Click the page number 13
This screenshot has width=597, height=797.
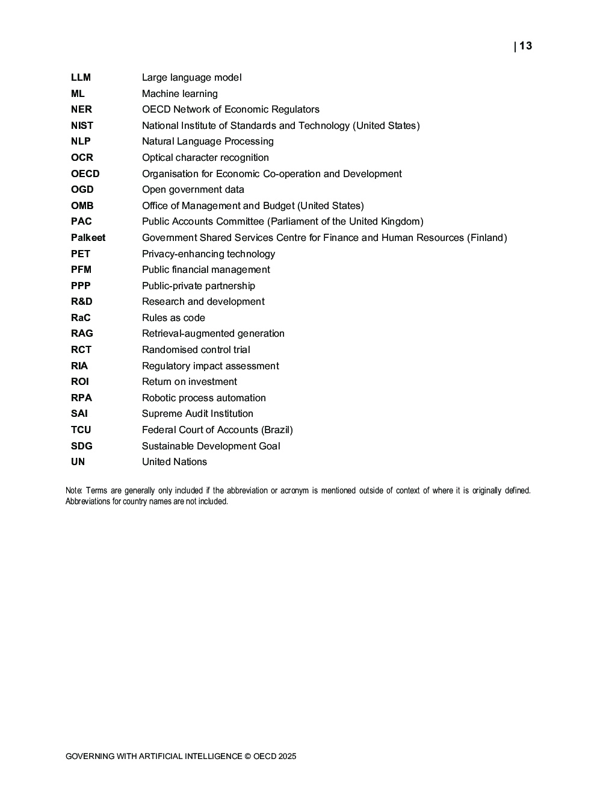pos(525,46)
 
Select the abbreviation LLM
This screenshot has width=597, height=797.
pos(81,77)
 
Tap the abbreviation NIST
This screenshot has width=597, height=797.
pos(82,125)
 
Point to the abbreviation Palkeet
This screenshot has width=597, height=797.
pos(88,237)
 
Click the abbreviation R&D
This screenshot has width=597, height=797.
pos(82,301)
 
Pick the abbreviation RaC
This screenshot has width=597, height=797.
pos(81,317)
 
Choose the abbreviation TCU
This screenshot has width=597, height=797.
pos(81,430)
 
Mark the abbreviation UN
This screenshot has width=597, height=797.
pos(78,461)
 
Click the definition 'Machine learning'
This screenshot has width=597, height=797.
pos(179,93)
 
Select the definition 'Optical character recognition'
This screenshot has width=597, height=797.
pos(205,157)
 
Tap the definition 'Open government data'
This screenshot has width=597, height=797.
pos(193,189)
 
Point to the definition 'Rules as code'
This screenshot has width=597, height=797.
pos(173,317)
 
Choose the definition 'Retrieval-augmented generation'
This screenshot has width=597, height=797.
pos(213,333)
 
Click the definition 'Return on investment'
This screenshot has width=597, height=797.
pos(189,381)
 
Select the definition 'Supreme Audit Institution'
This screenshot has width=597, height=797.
pos(197,413)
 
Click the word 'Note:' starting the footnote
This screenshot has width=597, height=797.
pos(74,490)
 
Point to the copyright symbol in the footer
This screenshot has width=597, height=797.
pos(247,756)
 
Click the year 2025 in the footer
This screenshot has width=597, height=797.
pos(287,756)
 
